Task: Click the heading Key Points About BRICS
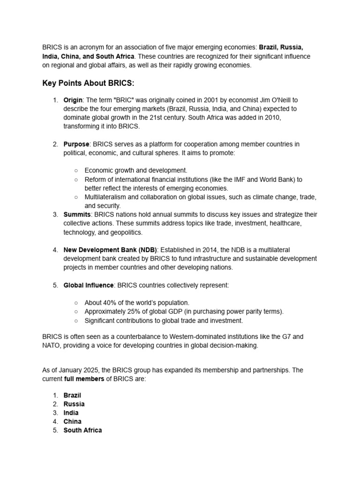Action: click(x=88, y=83)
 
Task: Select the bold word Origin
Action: click(x=73, y=100)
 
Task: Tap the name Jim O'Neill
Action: click(x=269, y=100)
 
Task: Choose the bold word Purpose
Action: click(x=76, y=144)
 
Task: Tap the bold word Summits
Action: click(x=77, y=214)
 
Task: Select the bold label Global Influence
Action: click(x=89, y=285)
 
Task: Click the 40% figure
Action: click(x=111, y=303)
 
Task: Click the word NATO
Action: click(x=51, y=345)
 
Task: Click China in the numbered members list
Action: click(x=72, y=421)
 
